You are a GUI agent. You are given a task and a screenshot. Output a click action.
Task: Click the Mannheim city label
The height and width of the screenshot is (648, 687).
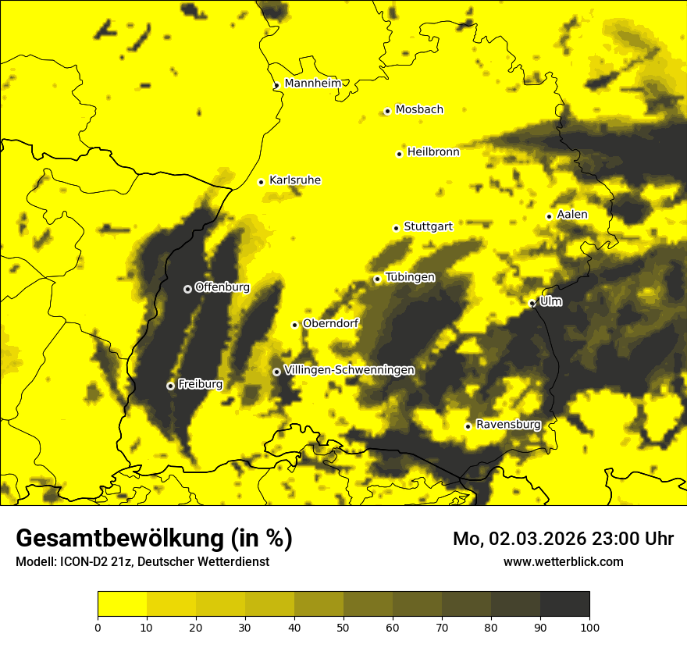point(312,83)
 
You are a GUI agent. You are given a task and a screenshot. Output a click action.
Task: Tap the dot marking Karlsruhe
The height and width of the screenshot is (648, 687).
point(262,182)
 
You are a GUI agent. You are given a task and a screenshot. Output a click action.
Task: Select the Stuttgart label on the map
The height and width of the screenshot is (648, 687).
point(428,226)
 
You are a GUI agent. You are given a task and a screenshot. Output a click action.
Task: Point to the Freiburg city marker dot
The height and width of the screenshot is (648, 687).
point(170,386)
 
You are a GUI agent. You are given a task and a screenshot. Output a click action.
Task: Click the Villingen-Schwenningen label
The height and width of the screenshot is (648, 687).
point(349,370)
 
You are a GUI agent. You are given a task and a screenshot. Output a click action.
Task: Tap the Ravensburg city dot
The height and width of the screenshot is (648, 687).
point(468,426)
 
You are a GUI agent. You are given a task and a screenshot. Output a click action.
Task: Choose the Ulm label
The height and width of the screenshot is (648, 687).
point(550,301)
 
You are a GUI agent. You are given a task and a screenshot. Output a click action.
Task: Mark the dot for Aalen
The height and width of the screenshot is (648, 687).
point(550,216)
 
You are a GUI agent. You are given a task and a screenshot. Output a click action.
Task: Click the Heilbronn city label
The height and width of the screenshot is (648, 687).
point(433,152)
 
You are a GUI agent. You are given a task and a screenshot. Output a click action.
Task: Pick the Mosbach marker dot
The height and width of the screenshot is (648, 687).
point(387,111)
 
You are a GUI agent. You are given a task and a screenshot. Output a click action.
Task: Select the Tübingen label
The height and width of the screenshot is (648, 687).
point(410,277)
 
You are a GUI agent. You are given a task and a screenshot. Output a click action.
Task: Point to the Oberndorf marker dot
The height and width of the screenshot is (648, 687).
point(294,325)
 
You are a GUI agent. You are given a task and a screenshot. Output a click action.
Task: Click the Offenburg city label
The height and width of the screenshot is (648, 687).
point(222,287)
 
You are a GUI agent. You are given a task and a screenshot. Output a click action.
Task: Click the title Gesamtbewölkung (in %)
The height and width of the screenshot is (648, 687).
point(154,539)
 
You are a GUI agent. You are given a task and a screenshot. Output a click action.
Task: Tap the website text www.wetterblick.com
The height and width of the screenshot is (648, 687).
point(563,561)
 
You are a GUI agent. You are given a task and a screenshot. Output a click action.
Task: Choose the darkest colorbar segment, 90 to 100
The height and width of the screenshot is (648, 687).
point(564,603)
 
